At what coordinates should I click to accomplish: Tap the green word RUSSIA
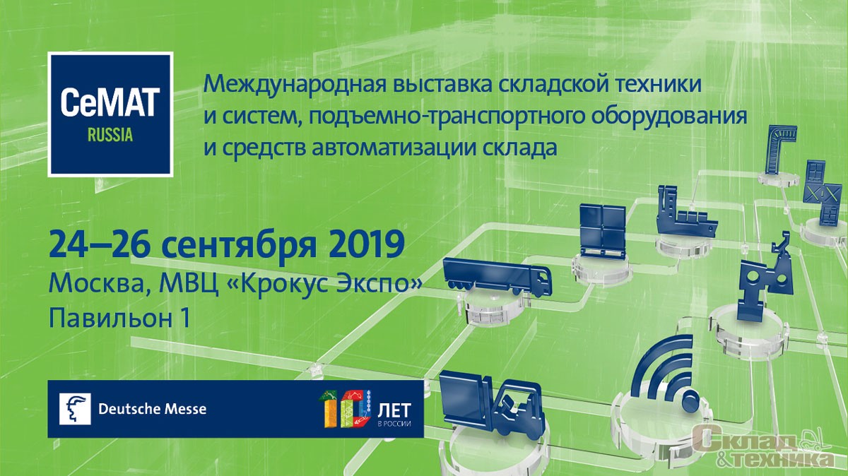(110, 135)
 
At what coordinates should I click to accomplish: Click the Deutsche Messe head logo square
(75, 409)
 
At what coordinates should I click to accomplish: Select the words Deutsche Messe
(152, 409)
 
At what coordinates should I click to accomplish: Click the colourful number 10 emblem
(346, 409)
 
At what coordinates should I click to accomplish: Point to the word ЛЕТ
(394, 410)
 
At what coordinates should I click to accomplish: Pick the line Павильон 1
(119, 319)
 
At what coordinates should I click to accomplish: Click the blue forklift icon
(492, 407)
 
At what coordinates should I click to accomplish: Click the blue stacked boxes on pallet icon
(601, 232)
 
